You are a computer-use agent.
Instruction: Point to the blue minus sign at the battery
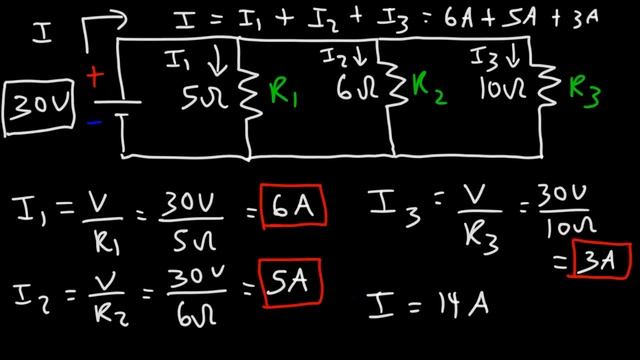[x=95, y=123]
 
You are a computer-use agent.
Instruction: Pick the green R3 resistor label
[x=587, y=92]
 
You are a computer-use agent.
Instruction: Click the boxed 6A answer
[x=297, y=208]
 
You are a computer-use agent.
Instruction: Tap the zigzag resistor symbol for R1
[x=253, y=94]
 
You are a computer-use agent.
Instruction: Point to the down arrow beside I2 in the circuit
[x=358, y=57]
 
